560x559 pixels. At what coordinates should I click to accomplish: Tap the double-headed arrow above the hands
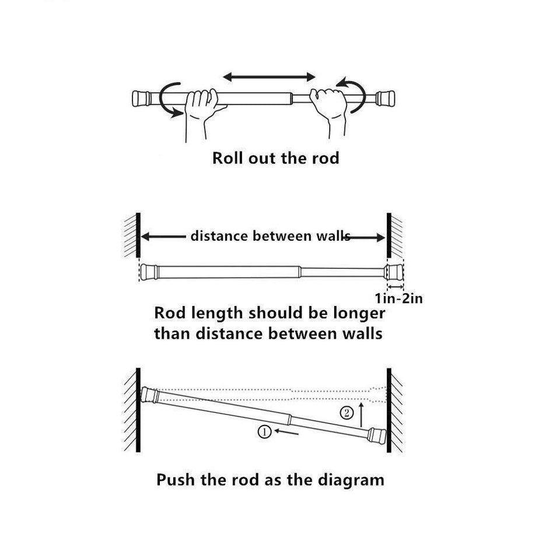(x=269, y=77)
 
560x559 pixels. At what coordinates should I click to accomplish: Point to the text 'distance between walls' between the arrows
(x=270, y=236)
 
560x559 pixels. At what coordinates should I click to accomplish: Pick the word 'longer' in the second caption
(x=356, y=312)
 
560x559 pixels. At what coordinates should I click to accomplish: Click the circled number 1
(x=264, y=432)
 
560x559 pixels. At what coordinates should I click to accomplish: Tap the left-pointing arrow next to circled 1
(x=289, y=432)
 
